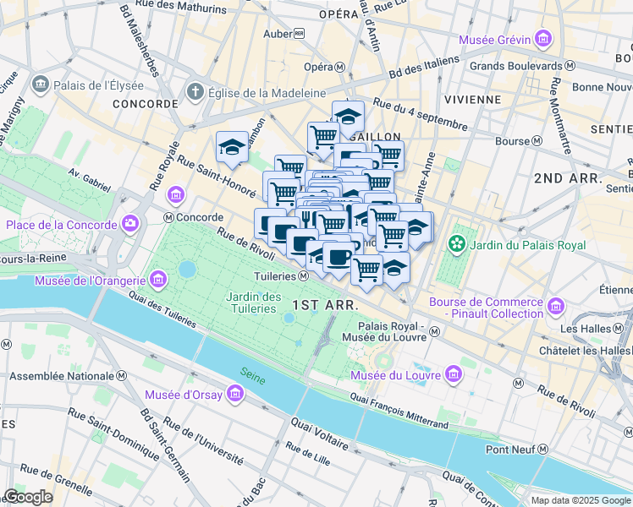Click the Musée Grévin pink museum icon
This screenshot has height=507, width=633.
pyautogui.click(x=542, y=40)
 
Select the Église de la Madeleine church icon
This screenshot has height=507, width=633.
pyautogui.click(x=195, y=92)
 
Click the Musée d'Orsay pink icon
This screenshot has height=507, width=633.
pyautogui.click(x=234, y=394)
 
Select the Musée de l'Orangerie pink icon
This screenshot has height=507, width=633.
pyautogui.click(x=158, y=279)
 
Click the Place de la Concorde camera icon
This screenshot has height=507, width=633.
pyautogui.click(x=130, y=225)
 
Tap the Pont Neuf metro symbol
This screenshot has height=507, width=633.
pyautogui.click(x=542, y=450)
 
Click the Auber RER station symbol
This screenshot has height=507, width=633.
pyautogui.click(x=299, y=35)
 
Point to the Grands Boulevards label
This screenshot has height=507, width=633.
pyautogui.click(x=515, y=65)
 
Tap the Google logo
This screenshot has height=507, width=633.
pyautogui.click(x=28, y=497)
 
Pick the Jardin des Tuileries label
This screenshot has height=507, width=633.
pyautogui.click(x=254, y=302)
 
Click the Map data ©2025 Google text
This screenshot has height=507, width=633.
pyautogui.click(x=581, y=500)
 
